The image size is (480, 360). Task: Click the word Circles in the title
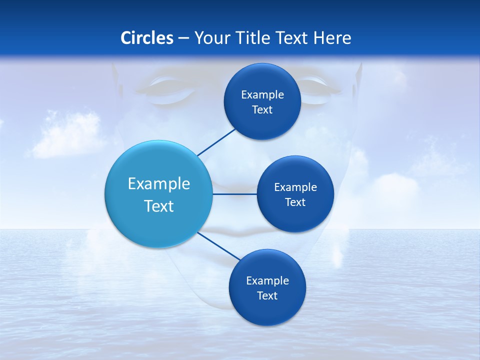point(147,38)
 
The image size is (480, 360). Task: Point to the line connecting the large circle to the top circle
point(216,142)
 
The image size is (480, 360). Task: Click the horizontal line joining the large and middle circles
point(234,194)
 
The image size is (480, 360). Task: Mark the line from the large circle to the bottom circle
point(218,245)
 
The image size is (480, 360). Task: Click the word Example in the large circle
point(159,184)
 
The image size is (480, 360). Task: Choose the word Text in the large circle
point(159,206)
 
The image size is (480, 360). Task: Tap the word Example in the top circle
point(262,95)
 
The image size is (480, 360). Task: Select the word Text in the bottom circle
point(267,295)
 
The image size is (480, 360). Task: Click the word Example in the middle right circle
point(295,187)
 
